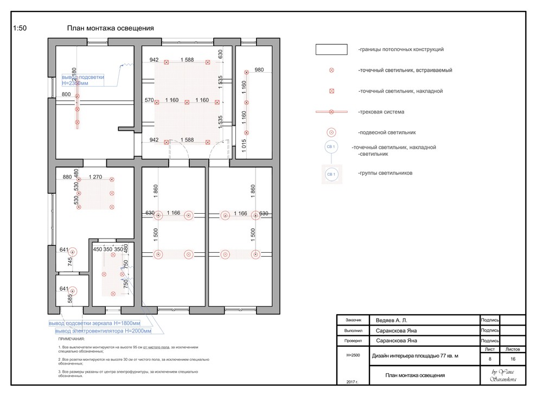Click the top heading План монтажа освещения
pyautogui.click(x=111, y=28)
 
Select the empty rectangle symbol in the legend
pyautogui.click(x=331, y=49)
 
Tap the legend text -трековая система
pyautogui.click(x=381, y=112)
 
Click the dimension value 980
pyautogui.click(x=259, y=69)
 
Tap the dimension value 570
pyautogui.click(x=150, y=100)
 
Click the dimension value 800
pyautogui.click(x=66, y=95)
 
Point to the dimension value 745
pyautogui.click(x=70, y=262)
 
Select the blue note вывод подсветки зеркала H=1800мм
pyautogui.click(x=94, y=323)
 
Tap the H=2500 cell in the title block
pyautogui.click(x=353, y=355)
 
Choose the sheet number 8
pyautogui.click(x=490, y=359)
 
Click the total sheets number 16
pyautogui.click(x=512, y=359)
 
